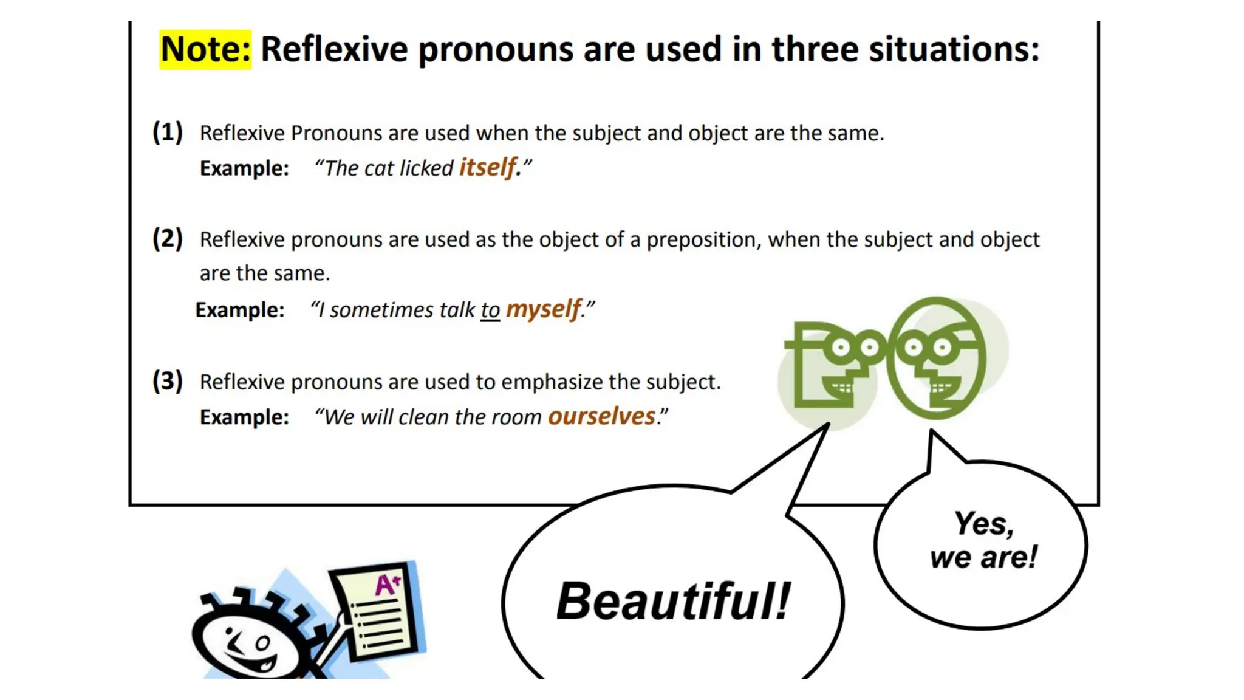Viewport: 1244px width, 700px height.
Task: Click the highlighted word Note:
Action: (205, 49)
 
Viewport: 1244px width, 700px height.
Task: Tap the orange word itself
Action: (488, 167)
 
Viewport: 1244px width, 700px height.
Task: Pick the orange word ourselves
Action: (601, 416)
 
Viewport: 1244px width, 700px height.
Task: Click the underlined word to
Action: (490, 310)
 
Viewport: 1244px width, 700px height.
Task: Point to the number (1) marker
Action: (168, 132)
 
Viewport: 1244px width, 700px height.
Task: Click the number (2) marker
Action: (168, 238)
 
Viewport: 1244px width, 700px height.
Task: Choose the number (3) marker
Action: (168, 381)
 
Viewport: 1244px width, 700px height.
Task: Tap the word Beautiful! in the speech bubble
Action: (673, 601)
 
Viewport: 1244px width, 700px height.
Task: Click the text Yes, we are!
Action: (983, 540)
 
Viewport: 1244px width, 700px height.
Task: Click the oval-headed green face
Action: (936, 359)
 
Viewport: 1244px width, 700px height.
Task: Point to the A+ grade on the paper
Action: (387, 585)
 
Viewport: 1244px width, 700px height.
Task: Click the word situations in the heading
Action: (954, 49)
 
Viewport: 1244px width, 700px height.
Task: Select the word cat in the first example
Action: (379, 168)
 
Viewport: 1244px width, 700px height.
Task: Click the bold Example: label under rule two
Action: (239, 310)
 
